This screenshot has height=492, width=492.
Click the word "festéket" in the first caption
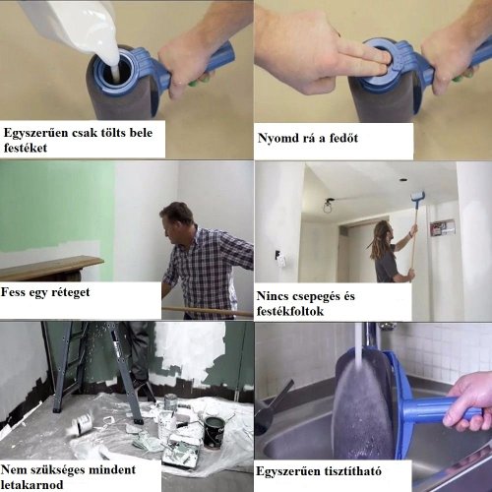point(26,148)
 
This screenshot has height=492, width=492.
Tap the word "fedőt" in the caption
point(343,138)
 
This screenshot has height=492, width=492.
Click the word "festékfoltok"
point(290,311)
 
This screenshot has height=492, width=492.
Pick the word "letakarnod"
point(31,485)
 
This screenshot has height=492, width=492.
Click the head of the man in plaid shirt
point(176,219)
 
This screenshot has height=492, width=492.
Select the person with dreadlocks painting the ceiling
point(394,251)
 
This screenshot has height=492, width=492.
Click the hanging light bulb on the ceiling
point(327,207)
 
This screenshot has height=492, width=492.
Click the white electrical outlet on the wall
point(281,259)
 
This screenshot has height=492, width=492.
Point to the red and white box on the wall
point(443,228)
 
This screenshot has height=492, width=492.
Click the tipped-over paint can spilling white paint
point(82,424)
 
